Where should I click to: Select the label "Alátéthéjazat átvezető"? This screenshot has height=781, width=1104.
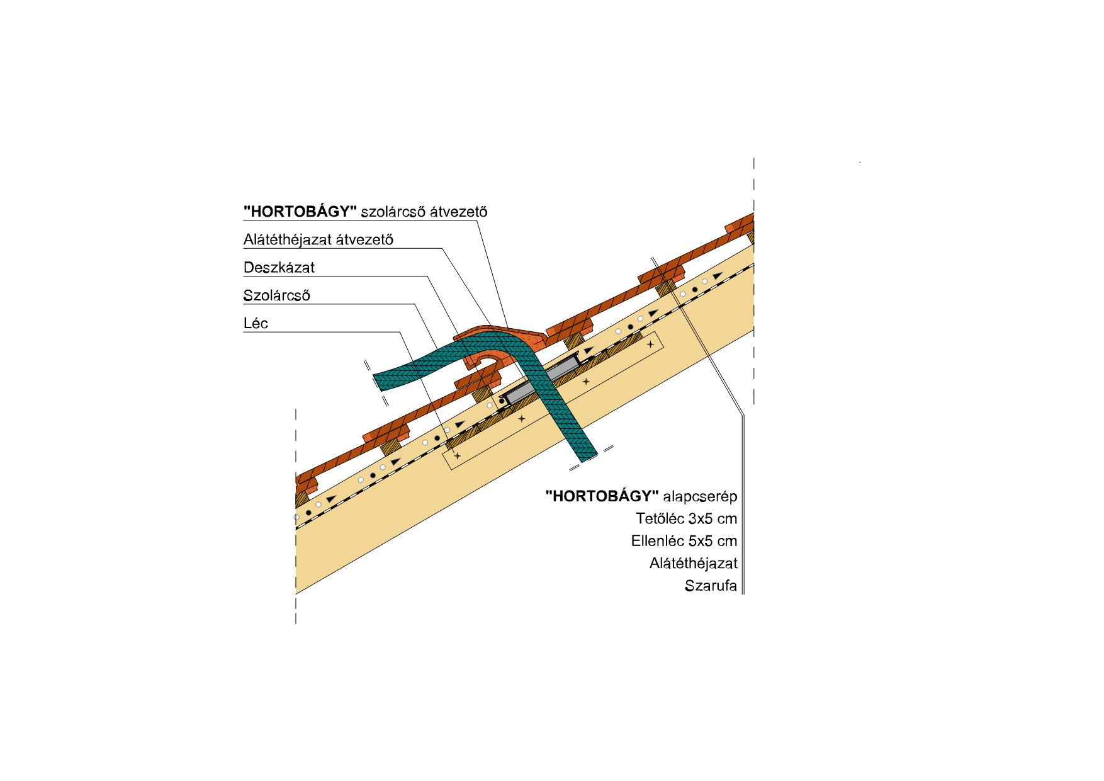coord(318,240)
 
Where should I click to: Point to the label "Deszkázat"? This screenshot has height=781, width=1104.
coord(279,268)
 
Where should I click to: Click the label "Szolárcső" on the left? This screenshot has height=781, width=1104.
coord(277,295)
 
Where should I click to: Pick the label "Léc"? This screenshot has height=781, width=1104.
coord(256,324)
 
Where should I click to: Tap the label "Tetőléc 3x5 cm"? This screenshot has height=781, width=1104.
coord(687,519)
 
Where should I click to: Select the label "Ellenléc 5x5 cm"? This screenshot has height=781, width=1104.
coord(684,541)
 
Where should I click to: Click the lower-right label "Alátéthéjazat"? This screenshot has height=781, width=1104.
coord(693,563)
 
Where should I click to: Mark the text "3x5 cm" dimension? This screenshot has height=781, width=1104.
coord(713,519)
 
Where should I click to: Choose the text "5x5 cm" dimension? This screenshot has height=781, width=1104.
coord(713,541)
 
